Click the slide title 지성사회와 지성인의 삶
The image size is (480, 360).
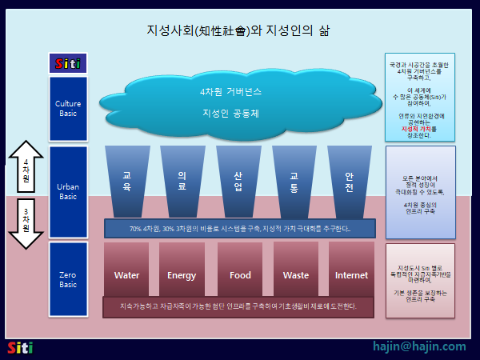coord(238,30)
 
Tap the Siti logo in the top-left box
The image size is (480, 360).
coord(68,63)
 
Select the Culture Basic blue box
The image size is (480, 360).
coord(68,108)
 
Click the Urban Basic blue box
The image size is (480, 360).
coord(68,192)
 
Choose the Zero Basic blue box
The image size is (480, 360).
coord(68,279)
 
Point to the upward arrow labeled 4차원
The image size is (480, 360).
coord(26,171)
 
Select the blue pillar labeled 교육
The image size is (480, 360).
coord(127,181)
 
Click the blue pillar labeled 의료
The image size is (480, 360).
coord(182,181)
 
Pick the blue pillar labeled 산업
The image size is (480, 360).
coord(238,181)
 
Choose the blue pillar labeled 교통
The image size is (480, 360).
coord(294,181)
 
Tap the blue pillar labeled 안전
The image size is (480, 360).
coord(350,181)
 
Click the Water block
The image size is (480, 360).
coord(127,274)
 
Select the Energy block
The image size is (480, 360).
coord(182,274)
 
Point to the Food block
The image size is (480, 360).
coord(240,274)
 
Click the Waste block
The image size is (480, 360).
coord(296,274)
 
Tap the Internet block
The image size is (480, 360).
coord(351,274)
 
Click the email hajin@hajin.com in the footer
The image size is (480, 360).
coord(418,346)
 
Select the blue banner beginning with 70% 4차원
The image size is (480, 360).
coord(240,229)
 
